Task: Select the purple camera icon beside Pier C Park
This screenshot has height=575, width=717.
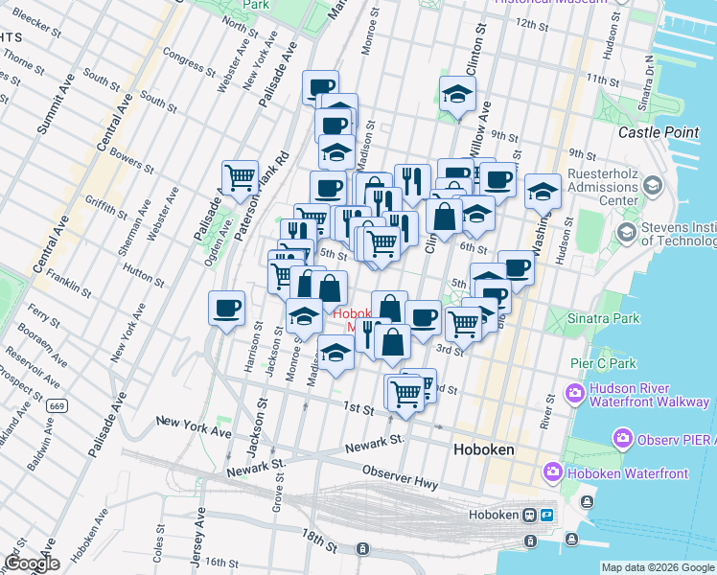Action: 575,392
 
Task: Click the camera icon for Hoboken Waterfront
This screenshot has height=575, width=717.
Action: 552,471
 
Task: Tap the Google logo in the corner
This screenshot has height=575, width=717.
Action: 32,563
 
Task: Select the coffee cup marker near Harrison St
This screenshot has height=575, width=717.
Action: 226,309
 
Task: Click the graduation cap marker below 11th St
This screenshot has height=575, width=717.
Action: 458,94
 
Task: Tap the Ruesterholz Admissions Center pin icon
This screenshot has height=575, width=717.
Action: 653,184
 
